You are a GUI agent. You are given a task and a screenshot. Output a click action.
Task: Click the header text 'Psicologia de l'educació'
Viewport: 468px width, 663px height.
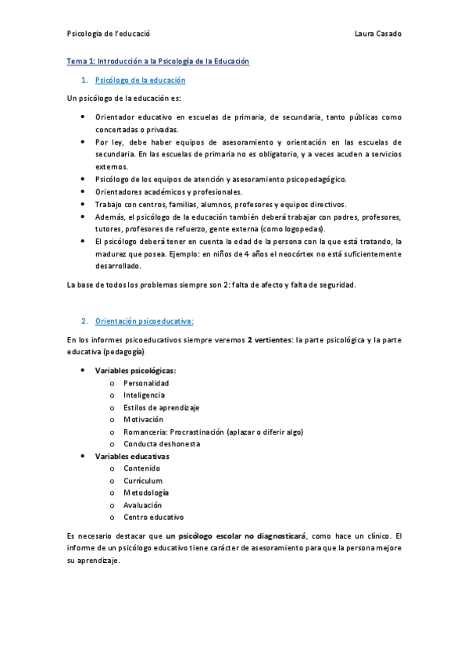coord(109,34)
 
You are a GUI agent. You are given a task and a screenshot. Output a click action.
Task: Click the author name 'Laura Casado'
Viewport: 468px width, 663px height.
coord(378,34)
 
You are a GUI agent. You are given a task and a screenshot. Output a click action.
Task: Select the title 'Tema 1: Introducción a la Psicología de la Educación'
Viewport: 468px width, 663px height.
coord(158,61)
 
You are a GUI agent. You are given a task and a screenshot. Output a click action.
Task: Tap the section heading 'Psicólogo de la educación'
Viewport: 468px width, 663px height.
coord(140,81)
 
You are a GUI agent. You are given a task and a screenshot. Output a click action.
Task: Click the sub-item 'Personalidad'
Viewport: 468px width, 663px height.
coord(146,383)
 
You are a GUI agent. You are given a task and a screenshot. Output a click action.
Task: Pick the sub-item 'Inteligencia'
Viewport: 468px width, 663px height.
coord(144,396)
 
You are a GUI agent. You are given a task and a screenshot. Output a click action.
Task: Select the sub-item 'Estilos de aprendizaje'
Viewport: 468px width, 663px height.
coord(162,407)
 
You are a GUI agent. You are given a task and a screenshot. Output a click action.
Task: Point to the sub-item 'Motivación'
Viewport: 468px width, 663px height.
coord(143,420)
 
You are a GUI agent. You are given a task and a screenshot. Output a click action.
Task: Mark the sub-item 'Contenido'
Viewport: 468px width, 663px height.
coord(141,468)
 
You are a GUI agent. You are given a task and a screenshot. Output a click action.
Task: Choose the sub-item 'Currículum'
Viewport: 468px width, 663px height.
coord(143,481)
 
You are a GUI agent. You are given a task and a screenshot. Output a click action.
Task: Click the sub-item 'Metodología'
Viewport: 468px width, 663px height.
coord(146,493)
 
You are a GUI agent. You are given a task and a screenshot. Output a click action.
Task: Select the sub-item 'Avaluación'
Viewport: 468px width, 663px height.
coord(143,505)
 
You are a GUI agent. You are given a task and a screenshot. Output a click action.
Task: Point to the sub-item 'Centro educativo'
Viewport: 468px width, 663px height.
coord(153,517)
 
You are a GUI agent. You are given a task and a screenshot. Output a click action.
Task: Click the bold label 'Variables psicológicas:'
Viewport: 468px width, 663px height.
coord(135,371)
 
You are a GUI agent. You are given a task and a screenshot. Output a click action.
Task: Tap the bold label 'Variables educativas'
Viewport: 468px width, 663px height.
coord(132,456)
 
